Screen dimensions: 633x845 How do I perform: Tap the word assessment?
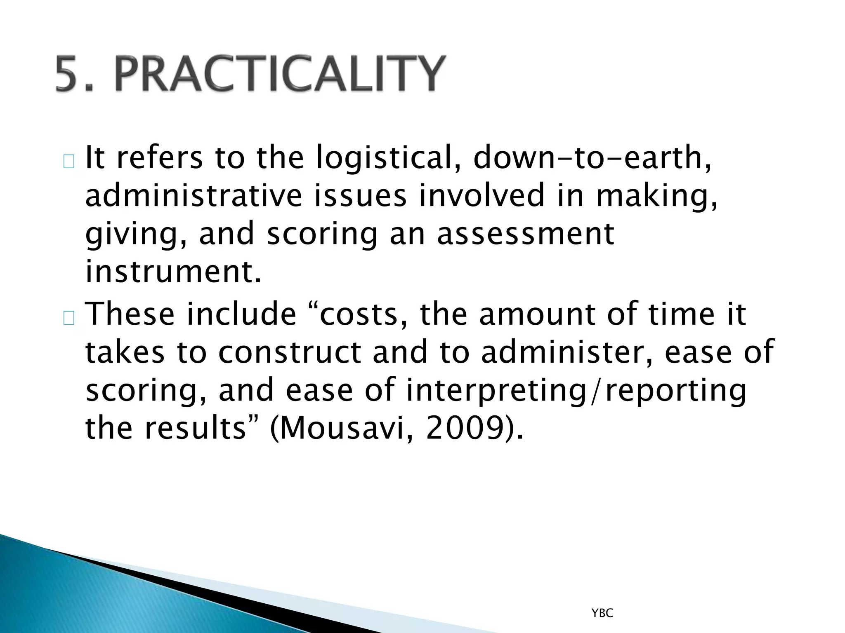click(x=526, y=234)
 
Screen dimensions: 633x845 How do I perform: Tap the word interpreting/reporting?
click(x=576, y=390)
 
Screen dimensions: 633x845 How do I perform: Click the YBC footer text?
click(x=602, y=614)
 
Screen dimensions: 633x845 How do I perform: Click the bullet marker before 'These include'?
click(x=69, y=318)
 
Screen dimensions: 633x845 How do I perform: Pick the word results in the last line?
click(x=201, y=429)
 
